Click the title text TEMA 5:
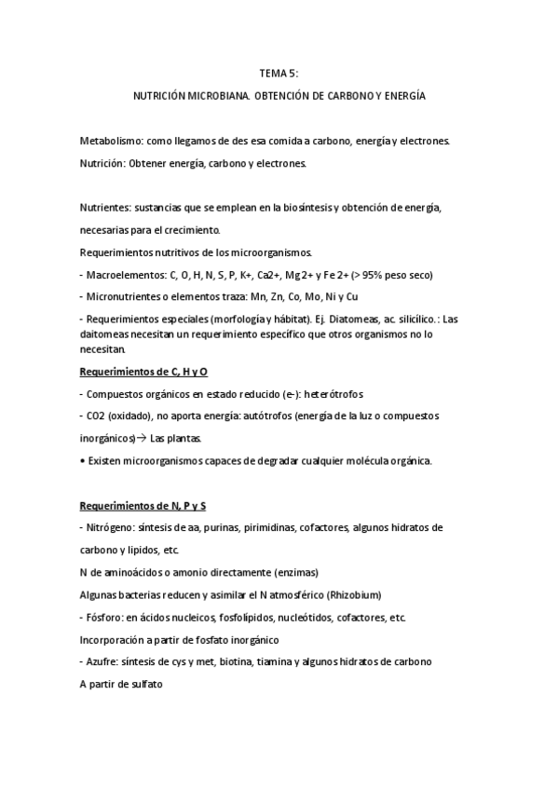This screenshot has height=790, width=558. [x=279, y=73]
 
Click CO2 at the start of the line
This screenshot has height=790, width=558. [x=96, y=416]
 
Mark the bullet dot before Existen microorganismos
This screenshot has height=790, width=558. [x=83, y=461]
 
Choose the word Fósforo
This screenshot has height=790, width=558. [x=105, y=618]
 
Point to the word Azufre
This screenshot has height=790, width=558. [x=102, y=662]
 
